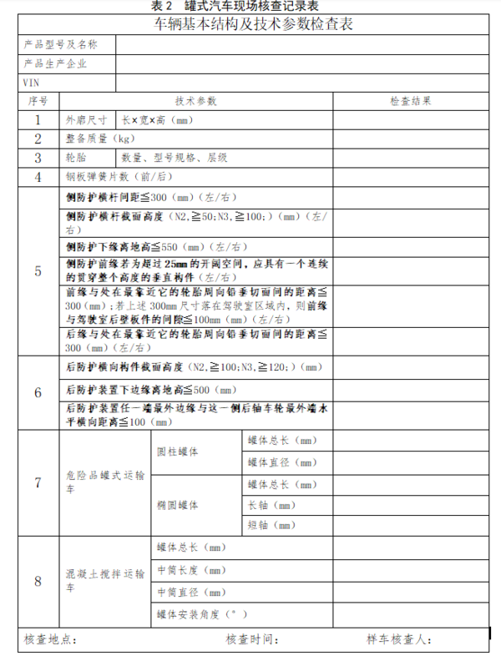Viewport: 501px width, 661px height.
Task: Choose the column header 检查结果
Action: click(410, 101)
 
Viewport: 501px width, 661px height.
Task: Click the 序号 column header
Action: click(38, 101)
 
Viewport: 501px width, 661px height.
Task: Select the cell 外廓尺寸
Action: click(86, 120)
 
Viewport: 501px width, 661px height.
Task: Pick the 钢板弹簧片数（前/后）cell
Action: click(118, 176)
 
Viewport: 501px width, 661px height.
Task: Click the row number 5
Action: click(38, 271)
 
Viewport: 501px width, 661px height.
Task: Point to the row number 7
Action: click(38, 483)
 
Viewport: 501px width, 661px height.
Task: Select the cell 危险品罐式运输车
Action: click(104, 483)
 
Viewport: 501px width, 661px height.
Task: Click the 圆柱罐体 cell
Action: click(178, 452)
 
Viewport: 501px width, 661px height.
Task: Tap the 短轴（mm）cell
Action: click(271, 526)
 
